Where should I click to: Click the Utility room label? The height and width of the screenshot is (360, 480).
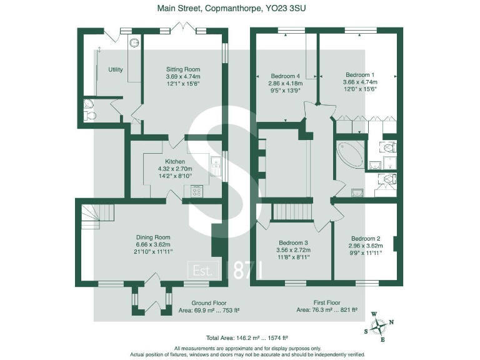coord(115,69)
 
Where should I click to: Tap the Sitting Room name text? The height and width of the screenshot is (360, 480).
coord(182,69)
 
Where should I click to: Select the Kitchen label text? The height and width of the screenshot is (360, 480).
coord(174,161)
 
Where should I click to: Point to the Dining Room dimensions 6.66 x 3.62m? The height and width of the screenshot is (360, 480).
coord(153,244)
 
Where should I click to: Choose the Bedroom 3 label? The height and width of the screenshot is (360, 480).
coord(293,242)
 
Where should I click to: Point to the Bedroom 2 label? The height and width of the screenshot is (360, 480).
coord(366,239)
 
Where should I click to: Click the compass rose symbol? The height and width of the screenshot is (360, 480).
coord(379,326)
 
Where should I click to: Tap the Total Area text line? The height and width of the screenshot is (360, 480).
coord(239,336)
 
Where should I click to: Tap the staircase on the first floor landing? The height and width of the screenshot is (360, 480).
coord(292,211)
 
